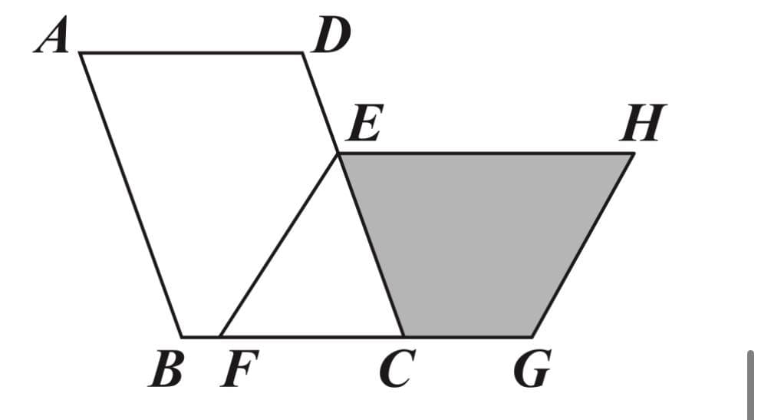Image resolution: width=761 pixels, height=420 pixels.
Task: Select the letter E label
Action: pos(366,123)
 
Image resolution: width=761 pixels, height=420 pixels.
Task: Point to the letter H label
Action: pos(644,123)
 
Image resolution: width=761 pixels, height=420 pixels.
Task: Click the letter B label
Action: pos(166,369)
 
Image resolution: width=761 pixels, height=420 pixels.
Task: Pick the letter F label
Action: pos(239,369)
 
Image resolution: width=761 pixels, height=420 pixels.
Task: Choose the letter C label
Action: pos(397,369)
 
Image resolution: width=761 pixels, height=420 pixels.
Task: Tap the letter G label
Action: pos(532,369)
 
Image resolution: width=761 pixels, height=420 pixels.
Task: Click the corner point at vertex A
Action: pos(81,53)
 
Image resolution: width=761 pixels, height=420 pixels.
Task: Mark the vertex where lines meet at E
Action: pos(338,154)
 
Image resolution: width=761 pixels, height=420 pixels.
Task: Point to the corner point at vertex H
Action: pos(633,154)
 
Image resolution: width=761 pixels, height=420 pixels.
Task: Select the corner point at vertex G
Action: pos(532,336)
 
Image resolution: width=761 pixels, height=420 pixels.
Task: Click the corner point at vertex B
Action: pos(182,336)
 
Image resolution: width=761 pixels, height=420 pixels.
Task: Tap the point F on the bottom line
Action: pos(220,336)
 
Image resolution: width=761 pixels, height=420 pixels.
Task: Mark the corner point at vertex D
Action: pos(303,53)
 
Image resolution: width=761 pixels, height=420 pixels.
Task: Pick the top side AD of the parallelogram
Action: pos(192,53)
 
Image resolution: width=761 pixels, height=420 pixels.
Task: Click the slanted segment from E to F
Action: pos(278,245)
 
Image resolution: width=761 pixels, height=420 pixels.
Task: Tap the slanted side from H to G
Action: pos(582,245)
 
